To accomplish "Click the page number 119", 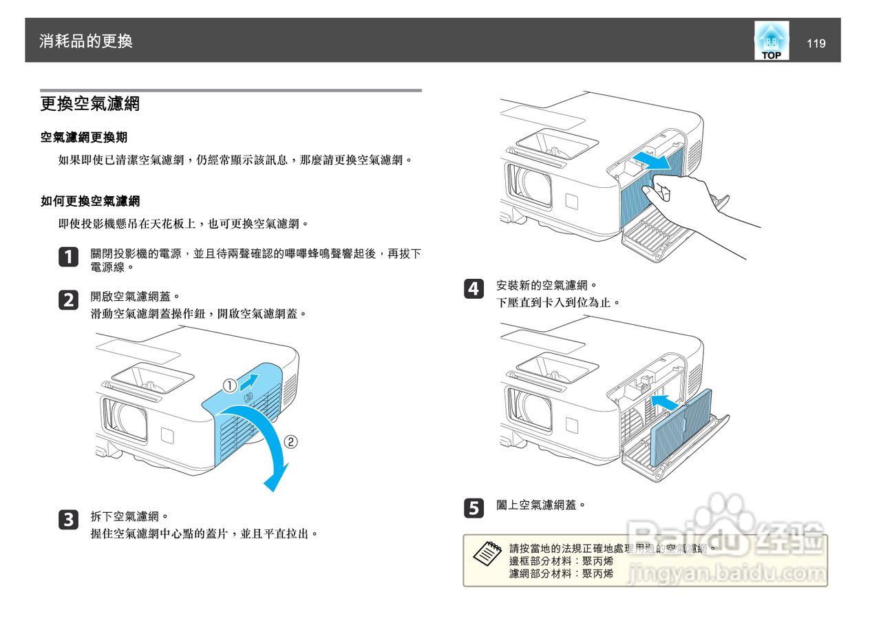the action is tap(816, 43).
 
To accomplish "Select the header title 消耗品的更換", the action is tap(86, 41).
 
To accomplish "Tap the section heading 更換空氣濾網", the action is tap(90, 105).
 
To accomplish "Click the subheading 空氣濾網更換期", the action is tap(84, 138).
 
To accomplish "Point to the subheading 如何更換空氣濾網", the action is tap(90, 201).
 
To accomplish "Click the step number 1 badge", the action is tap(69, 257).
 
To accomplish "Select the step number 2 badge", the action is tap(69, 300).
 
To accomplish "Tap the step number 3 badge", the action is tap(69, 520).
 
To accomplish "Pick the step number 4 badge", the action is tap(474, 289).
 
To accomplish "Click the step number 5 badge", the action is tap(474, 509).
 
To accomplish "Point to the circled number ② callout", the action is tap(291, 442).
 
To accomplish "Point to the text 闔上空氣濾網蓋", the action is tap(541, 505).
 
